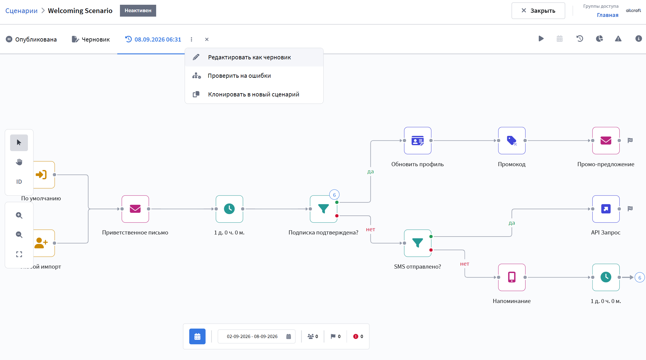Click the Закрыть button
point(538,11)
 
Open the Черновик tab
point(91,39)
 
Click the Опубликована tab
point(31,39)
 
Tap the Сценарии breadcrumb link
point(21,11)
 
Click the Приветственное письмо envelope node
point(135,209)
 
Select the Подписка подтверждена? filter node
point(323,209)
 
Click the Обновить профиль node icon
point(417,141)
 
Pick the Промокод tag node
point(512,141)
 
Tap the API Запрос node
point(606,209)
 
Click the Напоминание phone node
point(512,277)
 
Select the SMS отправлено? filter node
point(417,243)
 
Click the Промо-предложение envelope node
point(606,141)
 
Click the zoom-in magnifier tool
point(19,215)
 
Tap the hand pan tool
point(19,162)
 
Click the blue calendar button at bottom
point(197,336)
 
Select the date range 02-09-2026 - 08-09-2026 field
point(256,336)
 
